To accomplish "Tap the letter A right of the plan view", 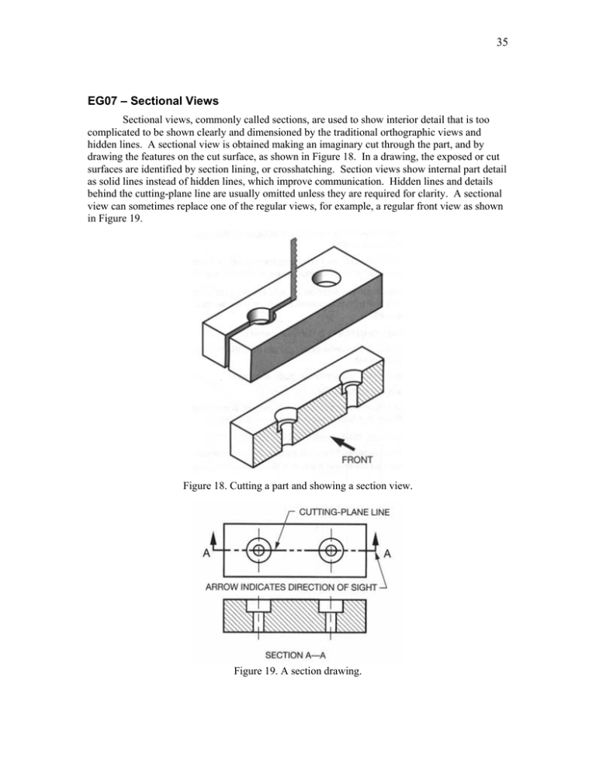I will tap(387, 553).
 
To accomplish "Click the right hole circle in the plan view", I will tap(331, 550).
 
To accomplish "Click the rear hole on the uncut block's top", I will tap(324, 277).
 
